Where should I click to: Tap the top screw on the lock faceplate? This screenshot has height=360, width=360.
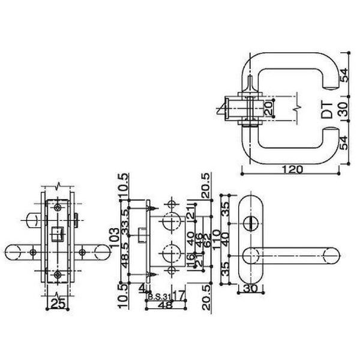point(57,207)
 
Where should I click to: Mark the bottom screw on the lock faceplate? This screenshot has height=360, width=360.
point(57,274)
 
